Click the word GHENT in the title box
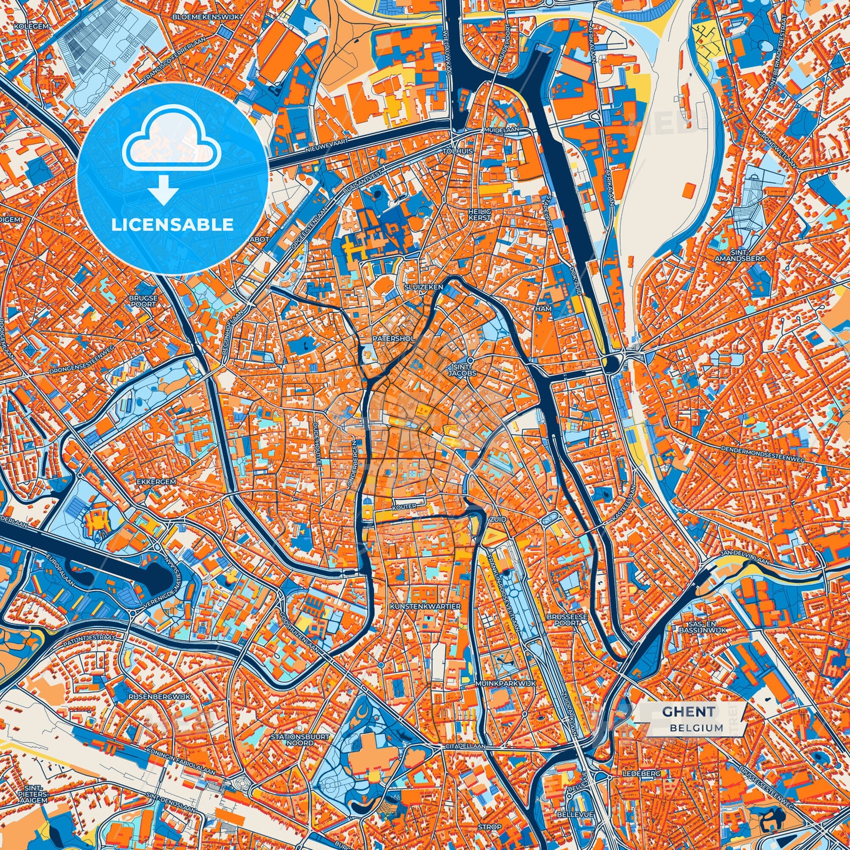point(689,712)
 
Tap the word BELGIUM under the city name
point(696,728)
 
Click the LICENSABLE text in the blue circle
point(173,225)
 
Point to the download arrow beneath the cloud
point(164,191)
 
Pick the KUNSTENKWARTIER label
point(425,606)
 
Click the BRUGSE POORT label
point(144,301)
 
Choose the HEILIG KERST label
point(479,214)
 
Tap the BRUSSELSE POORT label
point(564,619)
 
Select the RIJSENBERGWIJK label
point(159,697)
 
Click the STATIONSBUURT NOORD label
point(300,739)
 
